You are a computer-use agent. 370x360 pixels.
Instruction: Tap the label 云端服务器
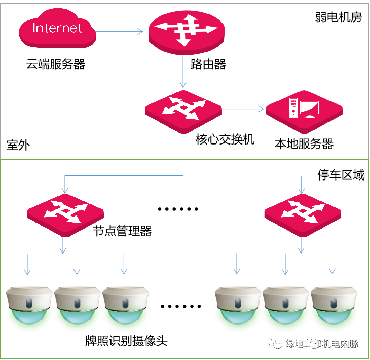pos(56,65)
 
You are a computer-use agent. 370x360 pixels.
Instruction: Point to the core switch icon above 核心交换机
pos(183,111)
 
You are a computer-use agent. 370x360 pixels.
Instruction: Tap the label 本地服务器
pos(304,144)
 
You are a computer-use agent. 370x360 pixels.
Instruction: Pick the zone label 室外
pos(18,146)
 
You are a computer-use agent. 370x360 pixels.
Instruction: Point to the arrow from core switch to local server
pos(243,109)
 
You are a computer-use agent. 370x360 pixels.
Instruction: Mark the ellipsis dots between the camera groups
pos(180,306)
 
